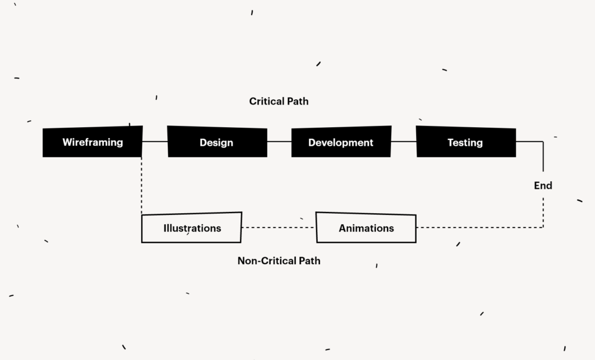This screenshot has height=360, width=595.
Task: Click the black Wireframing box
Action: (x=92, y=142)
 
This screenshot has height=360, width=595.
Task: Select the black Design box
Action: (x=217, y=142)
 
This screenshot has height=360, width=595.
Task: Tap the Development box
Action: (x=340, y=142)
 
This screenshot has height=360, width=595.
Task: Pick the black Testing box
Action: (x=465, y=142)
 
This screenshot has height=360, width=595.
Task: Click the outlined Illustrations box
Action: (x=192, y=228)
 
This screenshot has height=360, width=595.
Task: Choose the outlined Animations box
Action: (x=366, y=228)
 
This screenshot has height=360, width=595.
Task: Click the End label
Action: (x=543, y=186)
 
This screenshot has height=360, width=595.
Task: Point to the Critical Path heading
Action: (x=279, y=102)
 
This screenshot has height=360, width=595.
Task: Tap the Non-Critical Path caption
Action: (x=279, y=261)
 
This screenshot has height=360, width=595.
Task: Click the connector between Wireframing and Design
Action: (x=155, y=141)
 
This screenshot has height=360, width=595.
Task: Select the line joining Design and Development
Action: (x=279, y=141)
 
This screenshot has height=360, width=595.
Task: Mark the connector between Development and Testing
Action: (x=404, y=141)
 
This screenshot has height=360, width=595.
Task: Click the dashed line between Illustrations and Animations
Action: (x=278, y=228)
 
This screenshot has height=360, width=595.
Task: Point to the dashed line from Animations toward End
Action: (x=479, y=228)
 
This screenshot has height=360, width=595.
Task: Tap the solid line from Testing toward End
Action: (x=529, y=141)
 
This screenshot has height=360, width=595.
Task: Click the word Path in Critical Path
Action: (x=297, y=102)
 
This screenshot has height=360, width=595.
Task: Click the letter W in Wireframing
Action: (x=67, y=142)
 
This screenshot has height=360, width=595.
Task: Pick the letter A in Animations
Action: (x=342, y=228)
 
